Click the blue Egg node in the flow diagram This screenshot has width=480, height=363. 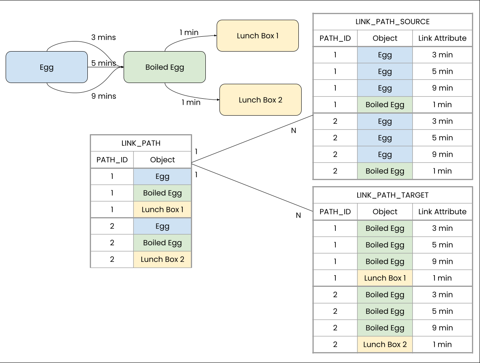click(x=47, y=67)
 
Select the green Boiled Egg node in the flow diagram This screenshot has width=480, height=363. click(x=165, y=67)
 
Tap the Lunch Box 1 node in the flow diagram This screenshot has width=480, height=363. click(x=258, y=36)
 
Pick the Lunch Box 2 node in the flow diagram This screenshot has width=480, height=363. click(x=260, y=100)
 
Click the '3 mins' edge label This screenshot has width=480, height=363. click(x=103, y=37)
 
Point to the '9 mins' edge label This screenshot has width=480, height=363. click(x=103, y=96)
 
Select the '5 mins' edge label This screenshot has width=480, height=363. click(x=103, y=63)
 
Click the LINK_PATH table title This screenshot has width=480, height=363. click(x=141, y=143)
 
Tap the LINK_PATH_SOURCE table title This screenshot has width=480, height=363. click(x=393, y=22)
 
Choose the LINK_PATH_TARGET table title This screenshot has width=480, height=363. click(x=393, y=195)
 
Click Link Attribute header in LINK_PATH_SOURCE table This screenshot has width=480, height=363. click(x=442, y=38)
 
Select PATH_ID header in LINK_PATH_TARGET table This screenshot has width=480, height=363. click(x=335, y=212)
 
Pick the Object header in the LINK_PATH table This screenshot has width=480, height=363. click(x=162, y=160)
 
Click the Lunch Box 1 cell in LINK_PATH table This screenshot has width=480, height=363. click(x=162, y=210)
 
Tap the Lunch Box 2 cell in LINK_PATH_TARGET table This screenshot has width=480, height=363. click(x=385, y=344)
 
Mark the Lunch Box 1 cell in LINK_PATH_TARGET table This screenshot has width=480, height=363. click(x=385, y=278)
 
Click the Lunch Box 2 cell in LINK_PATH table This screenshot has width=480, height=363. click(x=162, y=259)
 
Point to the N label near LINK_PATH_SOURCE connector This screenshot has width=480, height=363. click(x=294, y=131)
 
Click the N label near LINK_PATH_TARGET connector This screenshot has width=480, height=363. click(x=298, y=216)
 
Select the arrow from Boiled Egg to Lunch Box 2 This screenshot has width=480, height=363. click(x=189, y=97)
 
